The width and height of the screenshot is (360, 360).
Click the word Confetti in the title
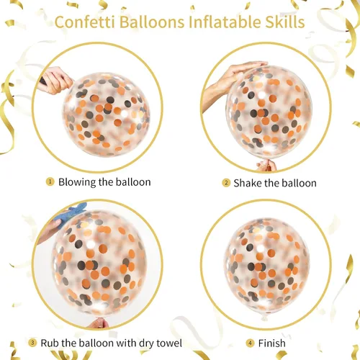[85, 22]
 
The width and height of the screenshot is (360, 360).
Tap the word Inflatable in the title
[225, 22]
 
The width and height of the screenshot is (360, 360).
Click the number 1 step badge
[50, 181]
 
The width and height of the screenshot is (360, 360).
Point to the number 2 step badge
[226, 183]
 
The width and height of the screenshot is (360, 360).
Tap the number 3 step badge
[32, 343]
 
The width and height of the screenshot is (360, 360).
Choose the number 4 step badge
[250, 343]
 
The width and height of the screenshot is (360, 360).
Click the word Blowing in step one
[77, 182]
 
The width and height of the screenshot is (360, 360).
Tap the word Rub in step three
[50, 343]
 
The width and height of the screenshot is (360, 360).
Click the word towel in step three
[169, 343]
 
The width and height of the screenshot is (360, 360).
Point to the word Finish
[272, 343]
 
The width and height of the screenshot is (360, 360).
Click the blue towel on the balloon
[70, 212]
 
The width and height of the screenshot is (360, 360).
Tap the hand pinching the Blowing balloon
[55, 81]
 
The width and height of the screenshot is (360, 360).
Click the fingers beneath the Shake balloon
[266, 166]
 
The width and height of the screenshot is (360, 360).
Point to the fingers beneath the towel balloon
[99, 323]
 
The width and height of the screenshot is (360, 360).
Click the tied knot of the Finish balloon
[264, 318]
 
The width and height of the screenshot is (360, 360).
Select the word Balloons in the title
[152, 22]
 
